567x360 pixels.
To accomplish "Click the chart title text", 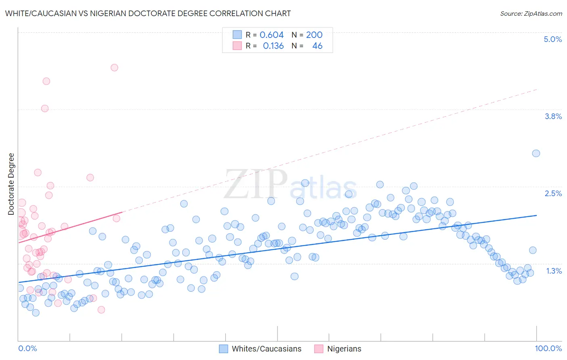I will tap(148, 13).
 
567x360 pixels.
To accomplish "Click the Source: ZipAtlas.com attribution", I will tap(531, 14).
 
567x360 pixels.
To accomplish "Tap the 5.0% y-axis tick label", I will tap(552, 39).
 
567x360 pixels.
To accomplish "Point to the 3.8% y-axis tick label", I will tap(553, 116).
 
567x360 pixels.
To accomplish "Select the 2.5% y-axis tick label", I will tap(553, 193).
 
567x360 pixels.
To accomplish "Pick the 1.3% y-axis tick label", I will tap(554, 271).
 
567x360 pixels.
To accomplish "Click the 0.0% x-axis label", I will tap(27, 348).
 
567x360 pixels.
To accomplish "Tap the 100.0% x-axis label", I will tap(548, 348).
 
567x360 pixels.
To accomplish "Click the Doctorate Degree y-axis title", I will tap(11, 184).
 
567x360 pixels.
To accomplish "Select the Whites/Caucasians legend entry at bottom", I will tap(266, 349).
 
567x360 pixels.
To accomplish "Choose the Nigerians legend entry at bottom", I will tap(344, 349).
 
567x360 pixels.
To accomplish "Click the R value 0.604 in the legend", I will tap(271, 35).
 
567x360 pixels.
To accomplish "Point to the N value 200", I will tap(314, 35).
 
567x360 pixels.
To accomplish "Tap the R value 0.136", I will tap(273, 46).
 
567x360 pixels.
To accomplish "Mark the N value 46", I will tap(317, 46).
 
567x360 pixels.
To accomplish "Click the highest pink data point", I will tap(115, 67).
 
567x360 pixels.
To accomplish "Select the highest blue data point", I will tap(536, 153).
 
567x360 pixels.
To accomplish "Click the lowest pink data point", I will tap(101, 310).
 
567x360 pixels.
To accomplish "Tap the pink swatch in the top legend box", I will tap(237, 46).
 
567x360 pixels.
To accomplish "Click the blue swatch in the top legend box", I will tap(237, 35).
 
